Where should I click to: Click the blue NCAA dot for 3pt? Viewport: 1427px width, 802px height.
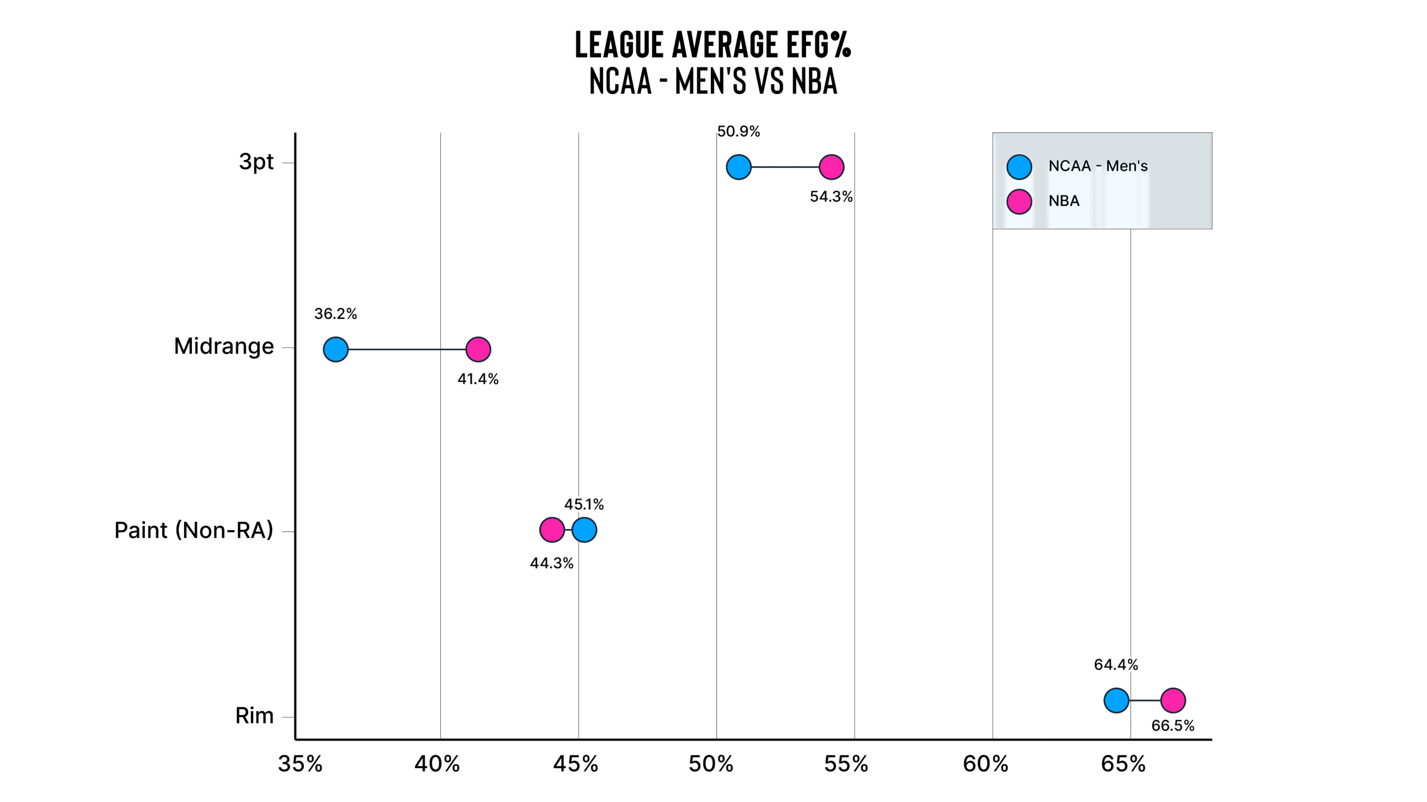click(739, 167)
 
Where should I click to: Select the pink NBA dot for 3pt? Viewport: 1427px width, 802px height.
click(832, 167)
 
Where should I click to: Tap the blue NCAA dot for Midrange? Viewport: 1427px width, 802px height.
click(336, 350)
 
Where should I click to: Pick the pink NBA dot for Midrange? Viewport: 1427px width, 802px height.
click(478, 350)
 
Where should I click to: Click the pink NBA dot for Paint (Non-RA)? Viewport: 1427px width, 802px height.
click(552, 530)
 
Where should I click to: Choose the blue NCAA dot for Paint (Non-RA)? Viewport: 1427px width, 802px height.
click(584, 530)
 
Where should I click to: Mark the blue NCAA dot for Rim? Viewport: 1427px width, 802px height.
click(1117, 701)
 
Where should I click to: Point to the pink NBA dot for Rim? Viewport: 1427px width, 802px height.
click(1173, 701)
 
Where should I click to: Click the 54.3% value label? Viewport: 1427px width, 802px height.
click(831, 197)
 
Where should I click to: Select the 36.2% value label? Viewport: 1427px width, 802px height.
click(336, 314)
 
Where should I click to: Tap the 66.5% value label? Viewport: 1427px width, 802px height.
click(1173, 726)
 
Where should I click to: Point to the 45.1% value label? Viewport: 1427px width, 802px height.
click(584, 505)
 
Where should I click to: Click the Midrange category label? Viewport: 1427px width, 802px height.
click(224, 347)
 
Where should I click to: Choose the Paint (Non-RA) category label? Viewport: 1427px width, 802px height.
click(194, 530)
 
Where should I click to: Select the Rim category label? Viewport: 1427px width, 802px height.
click(255, 716)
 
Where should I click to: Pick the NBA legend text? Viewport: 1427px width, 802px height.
click(1064, 201)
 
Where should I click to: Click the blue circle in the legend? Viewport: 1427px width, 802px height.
click(1020, 167)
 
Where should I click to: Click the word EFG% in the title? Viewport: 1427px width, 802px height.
click(819, 45)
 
